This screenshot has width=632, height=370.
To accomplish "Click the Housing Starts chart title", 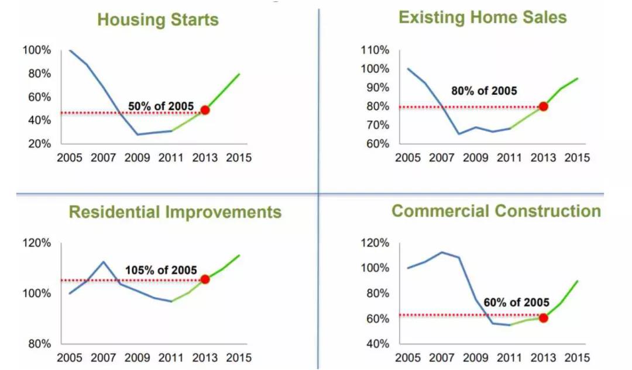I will [x=157, y=19].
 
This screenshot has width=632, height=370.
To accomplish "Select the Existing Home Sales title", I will [x=482, y=17].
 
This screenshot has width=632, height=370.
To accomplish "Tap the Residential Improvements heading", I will [x=175, y=212].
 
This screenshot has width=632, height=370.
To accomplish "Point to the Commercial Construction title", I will [x=496, y=210].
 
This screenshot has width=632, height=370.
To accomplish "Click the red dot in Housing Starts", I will [x=205, y=110].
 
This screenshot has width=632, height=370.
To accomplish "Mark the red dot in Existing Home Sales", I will [x=543, y=106].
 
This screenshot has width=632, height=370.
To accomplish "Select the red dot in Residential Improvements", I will [x=205, y=279].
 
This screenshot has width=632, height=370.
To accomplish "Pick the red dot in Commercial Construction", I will [x=543, y=318].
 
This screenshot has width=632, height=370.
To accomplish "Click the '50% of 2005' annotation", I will [x=160, y=106].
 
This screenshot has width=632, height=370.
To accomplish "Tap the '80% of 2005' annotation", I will [x=484, y=91].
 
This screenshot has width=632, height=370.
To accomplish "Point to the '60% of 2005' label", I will [x=516, y=303].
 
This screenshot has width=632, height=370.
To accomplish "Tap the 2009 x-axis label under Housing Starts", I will [x=137, y=158].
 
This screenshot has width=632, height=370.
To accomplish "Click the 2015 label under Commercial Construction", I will [x=577, y=358].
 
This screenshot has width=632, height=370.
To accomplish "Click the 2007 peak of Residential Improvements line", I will [x=104, y=261].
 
